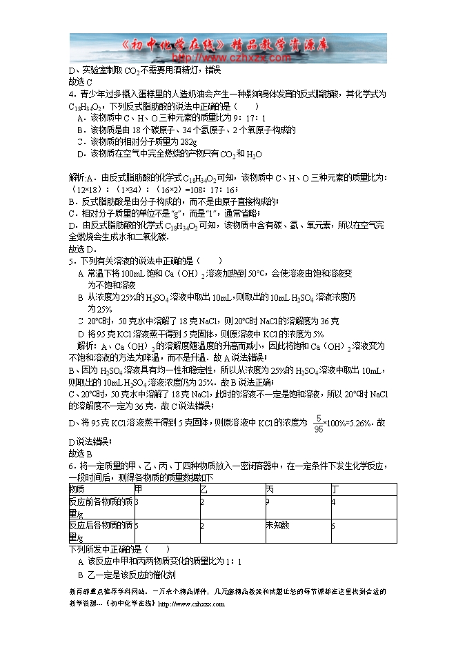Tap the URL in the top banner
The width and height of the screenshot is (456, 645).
coord(219,57)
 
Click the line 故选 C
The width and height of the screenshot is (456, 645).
coord(81,81)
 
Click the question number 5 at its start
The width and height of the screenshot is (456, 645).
coord(71,261)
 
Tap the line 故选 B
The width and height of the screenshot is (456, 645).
coord(81,453)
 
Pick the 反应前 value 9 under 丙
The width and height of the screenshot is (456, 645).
coord(268,502)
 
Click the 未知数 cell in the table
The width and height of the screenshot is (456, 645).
coord(279,526)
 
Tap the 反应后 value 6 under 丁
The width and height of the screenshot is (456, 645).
coord(333,526)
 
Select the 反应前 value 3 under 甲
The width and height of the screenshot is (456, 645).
coord(137,502)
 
